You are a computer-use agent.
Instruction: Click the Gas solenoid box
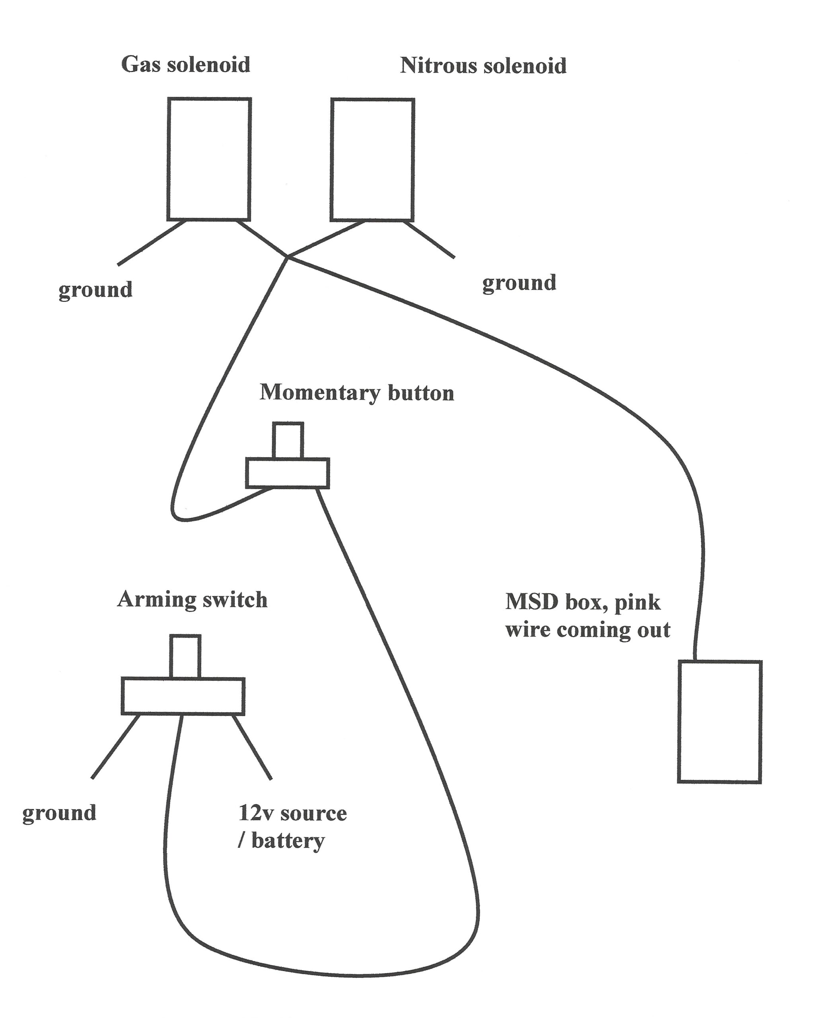(209, 159)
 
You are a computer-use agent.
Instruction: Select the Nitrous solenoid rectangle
(372, 159)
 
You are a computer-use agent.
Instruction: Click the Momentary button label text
(356, 393)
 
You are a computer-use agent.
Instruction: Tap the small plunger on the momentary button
(288, 440)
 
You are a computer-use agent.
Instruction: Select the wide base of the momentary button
(287, 473)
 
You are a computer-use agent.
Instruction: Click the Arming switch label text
(192, 600)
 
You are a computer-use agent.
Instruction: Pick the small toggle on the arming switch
(185, 656)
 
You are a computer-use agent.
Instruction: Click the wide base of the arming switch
(183, 696)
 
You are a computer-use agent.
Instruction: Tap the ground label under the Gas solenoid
(95, 290)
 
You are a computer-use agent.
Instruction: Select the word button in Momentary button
(421, 393)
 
